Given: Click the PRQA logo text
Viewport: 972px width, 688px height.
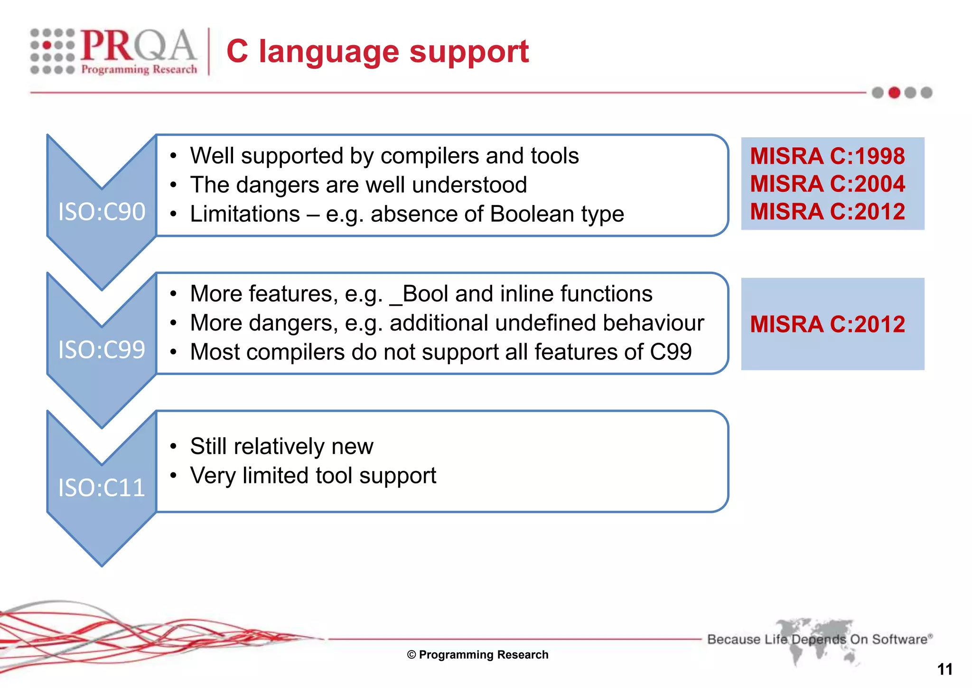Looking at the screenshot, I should coord(138,46).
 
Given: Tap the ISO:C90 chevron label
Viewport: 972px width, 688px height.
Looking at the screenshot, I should coord(102,212).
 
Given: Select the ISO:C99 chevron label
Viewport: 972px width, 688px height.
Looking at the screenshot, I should coord(102,350).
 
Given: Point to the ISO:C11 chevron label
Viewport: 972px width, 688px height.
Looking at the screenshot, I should coord(102,488).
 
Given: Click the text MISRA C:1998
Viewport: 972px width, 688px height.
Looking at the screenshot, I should coord(827,156).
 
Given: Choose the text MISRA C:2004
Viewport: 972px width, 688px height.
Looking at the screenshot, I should coord(827,184).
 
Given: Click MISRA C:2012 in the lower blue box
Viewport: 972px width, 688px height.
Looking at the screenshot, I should coord(827,324).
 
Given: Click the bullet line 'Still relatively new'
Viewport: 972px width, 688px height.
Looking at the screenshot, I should coord(281,446).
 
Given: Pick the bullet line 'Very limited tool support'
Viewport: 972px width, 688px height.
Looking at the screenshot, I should coord(313,476).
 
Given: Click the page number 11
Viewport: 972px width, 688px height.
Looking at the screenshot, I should coord(944,669).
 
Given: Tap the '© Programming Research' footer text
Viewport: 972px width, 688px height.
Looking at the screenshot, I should coord(477,655).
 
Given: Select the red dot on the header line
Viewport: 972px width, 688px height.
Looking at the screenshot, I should coord(894,93).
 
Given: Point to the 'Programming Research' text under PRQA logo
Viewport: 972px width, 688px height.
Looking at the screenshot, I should coord(139,69).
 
